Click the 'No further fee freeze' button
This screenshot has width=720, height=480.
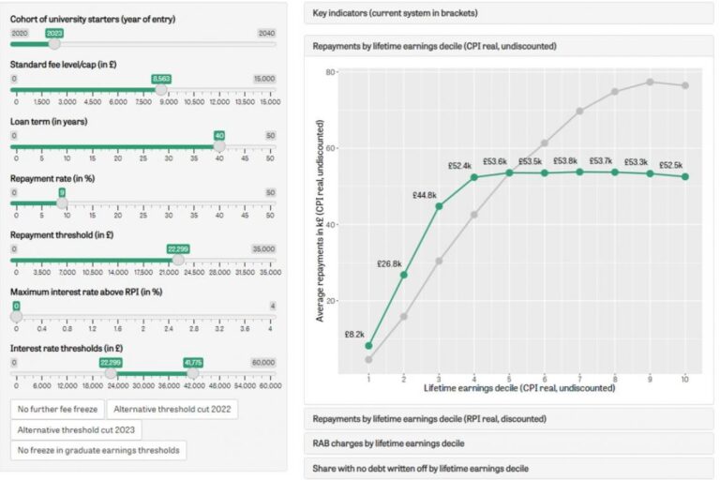56,409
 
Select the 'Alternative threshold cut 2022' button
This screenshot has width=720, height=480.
172,409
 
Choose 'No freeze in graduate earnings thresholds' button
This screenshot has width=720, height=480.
99,451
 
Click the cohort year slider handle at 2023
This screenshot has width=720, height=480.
54,43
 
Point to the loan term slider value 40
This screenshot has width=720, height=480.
219,135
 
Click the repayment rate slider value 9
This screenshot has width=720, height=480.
62,192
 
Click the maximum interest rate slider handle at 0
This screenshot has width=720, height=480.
16,317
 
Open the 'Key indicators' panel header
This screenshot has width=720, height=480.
509,13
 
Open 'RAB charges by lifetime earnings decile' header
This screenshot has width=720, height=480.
509,442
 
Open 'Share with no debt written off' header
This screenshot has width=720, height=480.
509,467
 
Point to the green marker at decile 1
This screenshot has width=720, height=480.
369,346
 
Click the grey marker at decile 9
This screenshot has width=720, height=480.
650,82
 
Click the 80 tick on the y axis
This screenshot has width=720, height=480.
331,72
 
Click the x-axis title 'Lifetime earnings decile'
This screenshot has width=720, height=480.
509,386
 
